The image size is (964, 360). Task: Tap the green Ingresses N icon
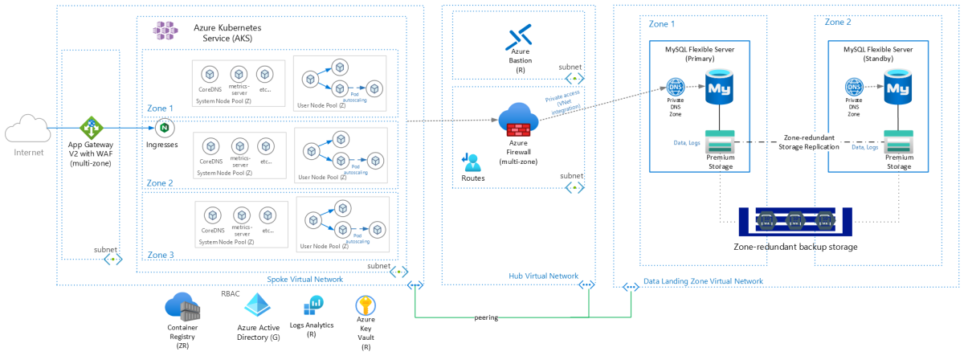coord(163,128)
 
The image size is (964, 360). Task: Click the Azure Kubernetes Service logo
coord(168,31)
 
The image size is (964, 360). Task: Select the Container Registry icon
coord(182,308)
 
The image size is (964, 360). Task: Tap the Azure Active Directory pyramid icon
coord(258,306)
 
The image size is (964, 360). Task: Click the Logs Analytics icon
coord(313,306)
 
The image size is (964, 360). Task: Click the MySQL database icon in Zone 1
coord(717,85)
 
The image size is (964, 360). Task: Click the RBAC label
coord(231,293)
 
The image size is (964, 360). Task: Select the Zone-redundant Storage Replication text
coord(809,142)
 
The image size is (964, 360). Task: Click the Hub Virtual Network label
coord(544,276)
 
